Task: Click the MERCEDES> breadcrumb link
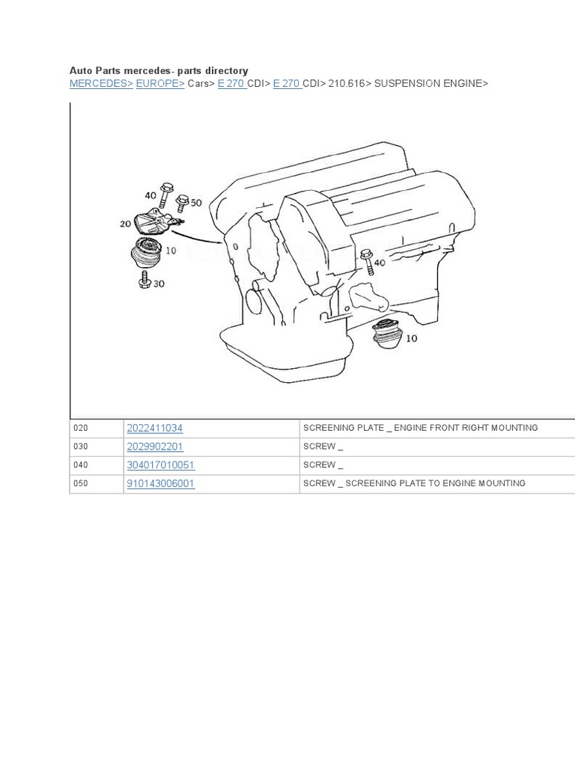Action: click(x=101, y=84)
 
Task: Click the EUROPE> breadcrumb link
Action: click(x=160, y=84)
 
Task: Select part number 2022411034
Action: click(x=155, y=428)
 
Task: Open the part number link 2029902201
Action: click(x=155, y=447)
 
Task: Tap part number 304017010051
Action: click(x=161, y=465)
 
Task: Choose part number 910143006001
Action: click(x=161, y=484)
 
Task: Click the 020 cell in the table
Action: click(x=81, y=429)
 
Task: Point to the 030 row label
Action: click(x=81, y=447)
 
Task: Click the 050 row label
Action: click(x=81, y=484)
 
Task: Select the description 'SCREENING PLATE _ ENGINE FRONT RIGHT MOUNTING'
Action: click(x=420, y=428)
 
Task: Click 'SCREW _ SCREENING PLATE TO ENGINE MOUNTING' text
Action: click(x=414, y=484)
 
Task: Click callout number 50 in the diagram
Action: click(x=196, y=203)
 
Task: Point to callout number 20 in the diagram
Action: click(x=125, y=224)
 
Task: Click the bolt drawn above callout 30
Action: click(x=145, y=281)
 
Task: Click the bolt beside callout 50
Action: click(x=182, y=203)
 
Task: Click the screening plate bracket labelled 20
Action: click(x=155, y=224)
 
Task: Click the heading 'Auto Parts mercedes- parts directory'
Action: click(x=159, y=70)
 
